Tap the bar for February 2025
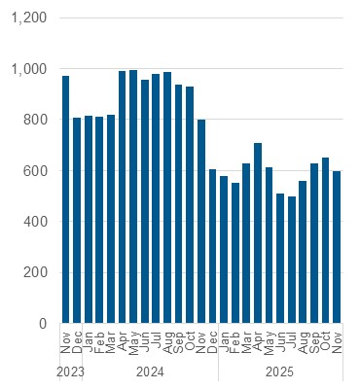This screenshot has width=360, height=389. [235, 253]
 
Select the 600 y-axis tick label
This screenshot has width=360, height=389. [34, 171]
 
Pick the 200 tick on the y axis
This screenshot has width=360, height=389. [34, 272]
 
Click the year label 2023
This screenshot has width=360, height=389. [70, 371]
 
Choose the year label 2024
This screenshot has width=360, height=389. [150, 371]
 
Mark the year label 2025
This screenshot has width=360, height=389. [280, 371]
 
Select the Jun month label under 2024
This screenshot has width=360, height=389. [145, 341]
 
